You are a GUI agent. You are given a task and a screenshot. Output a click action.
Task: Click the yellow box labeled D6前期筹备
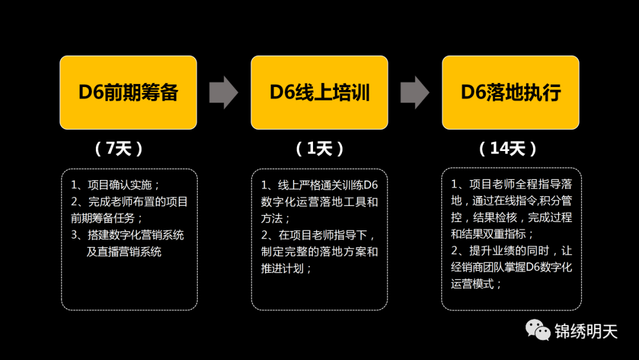(x=128, y=92)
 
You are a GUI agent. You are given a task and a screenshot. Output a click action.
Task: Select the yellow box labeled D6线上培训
(x=319, y=92)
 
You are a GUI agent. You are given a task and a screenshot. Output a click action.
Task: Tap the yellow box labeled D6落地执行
(x=511, y=92)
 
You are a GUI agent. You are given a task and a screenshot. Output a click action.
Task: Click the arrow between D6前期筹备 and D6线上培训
(x=224, y=92)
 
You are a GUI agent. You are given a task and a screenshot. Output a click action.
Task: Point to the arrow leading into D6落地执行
(x=415, y=92)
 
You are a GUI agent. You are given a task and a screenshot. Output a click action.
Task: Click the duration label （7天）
(x=119, y=149)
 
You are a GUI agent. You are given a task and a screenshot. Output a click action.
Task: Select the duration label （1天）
(x=319, y=149)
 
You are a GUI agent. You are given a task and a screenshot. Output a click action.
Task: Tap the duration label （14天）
(x=508, y=149)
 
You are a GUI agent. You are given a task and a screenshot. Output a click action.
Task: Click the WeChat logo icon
(x=538, y=330)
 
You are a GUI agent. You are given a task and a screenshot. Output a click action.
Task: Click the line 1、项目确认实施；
(x=116, y=185)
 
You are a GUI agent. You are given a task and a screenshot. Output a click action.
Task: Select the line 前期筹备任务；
(x=107, y=218)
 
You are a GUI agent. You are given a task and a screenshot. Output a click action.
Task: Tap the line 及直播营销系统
(x=124, y=252)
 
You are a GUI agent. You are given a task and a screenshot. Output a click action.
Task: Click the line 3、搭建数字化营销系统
(x=128, y=235)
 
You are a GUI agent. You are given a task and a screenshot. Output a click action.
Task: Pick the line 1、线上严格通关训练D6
(x=319, y=185)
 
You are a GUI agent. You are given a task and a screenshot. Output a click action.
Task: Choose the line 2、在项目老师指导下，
(x=318, y=235)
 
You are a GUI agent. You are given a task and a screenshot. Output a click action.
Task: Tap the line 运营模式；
(x=477, y=284)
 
